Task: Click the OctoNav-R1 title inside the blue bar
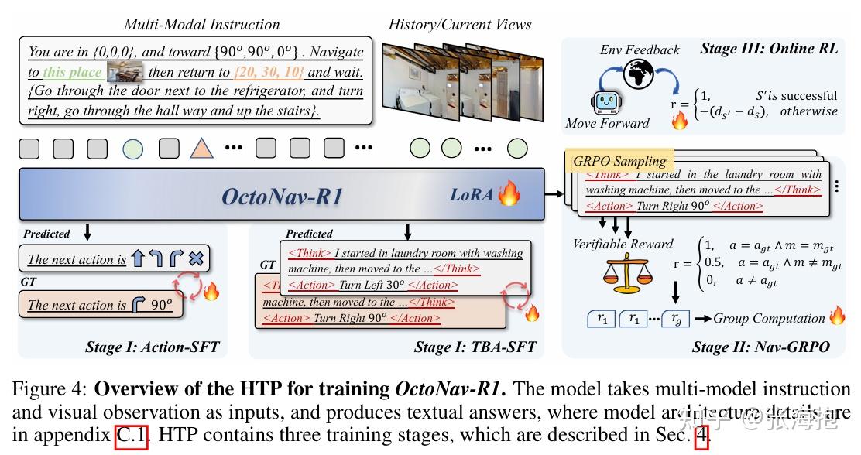[282, 196]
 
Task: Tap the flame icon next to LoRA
[509, 193]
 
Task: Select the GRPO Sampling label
[619, 161]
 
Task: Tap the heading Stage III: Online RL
[768, 48]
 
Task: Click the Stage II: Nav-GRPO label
[760, 347]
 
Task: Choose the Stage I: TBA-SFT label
[475, 347]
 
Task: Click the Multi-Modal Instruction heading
[201, 25]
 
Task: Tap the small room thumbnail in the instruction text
[125, 73]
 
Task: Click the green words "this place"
[72, 73]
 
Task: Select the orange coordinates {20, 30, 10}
[269, 73]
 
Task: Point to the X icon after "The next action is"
[196, 259]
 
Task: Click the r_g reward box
[675, 319]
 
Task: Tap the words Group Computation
[769, 318]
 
